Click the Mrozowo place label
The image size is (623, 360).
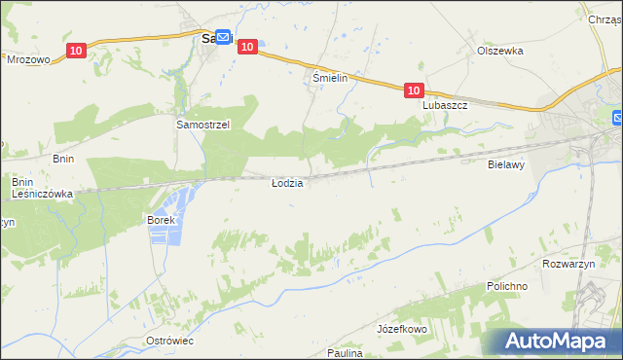[x=27, y=58]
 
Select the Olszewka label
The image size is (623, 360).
[x=500, y=51]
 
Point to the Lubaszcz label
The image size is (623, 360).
[x=445, y=105]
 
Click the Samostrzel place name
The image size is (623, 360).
[x=202, y=125]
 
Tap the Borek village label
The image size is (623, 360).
[x=161, y=221]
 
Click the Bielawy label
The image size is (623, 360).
[x=506, y=165]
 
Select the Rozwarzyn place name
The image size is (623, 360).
[x=565, y=263]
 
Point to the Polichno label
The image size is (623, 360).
[x=507, y=287]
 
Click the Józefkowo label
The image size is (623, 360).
[x=402, y=330]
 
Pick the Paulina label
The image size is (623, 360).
[x=345, y=353]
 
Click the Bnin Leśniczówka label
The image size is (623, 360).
[x=43, y=188]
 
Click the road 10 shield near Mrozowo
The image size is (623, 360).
[x=77, y=50]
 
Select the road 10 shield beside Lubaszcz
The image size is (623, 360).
[x=415, y=90]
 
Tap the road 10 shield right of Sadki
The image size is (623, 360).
[x=247, y=46]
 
